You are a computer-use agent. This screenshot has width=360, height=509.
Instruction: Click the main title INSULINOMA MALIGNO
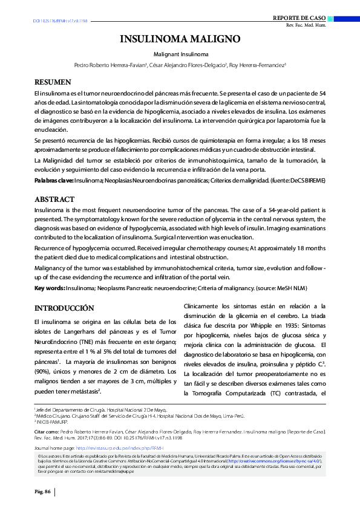coord(180,40)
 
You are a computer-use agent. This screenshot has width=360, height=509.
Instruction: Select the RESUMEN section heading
coord(53,82)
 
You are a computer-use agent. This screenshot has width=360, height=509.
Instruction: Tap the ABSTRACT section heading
coord(54,199)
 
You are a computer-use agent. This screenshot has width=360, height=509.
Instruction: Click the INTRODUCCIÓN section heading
coord(64,308)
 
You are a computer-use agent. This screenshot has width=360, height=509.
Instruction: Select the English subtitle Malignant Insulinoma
coord(180,54)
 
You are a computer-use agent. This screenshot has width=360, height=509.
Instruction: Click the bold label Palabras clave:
coord(54,180)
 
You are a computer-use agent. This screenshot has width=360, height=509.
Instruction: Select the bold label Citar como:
coord(47,432)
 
